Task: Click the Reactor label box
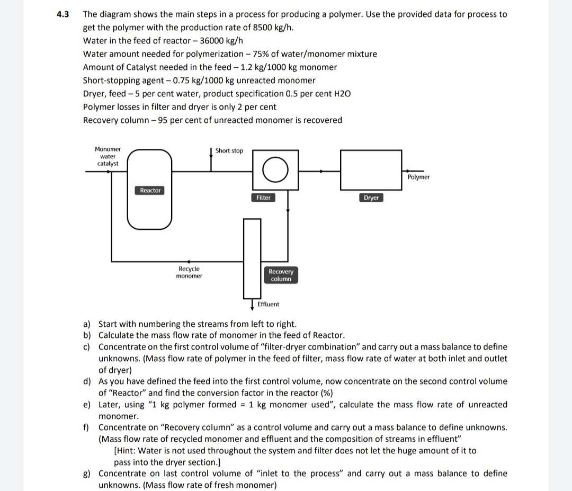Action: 150,190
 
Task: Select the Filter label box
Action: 263,198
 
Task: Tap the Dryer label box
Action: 371,198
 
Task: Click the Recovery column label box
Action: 281,275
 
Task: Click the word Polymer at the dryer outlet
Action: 419,177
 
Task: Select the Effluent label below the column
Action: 268,304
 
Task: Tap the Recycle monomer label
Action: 189,272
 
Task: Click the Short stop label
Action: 229,151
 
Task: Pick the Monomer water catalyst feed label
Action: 108,156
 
